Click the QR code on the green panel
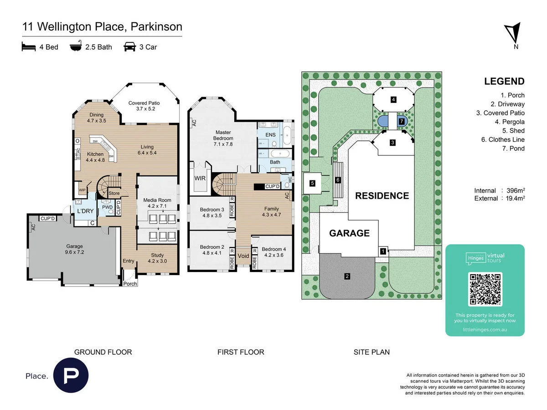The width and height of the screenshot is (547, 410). coord(485,289)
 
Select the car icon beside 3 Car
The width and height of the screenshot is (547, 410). coord(129,46)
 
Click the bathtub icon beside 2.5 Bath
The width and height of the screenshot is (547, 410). coord(75,46)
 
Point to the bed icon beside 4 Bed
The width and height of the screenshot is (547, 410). coord(29,46)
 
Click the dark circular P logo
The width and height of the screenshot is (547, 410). coord(71,376)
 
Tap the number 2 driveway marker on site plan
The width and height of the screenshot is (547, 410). coord(347,276)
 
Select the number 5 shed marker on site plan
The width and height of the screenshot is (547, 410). coord(312,184)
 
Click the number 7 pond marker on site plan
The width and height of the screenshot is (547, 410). coord(401,122)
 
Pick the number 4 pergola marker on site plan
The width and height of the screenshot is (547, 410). coord(393,99)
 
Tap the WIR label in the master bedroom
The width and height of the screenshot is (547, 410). coord(200,178)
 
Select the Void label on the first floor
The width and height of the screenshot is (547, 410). coord(244,256)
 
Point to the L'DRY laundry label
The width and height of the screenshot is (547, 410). coord(85,211)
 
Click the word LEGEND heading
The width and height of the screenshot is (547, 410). coord(504,82)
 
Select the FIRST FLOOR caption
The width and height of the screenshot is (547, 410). coord(241,352)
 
